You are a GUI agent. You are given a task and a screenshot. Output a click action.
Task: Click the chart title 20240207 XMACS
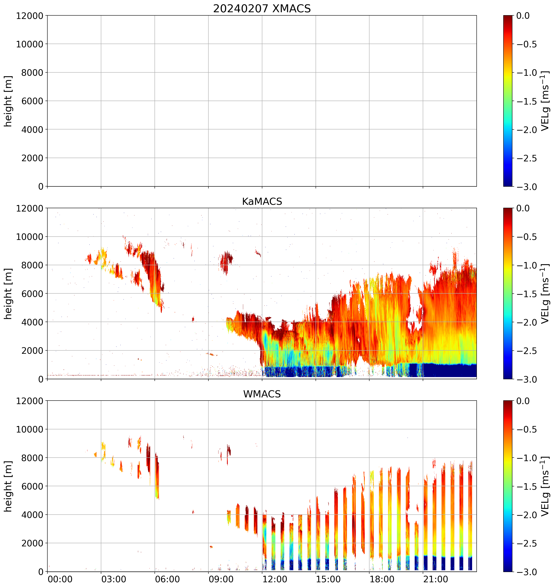pyautogui.click(x=262, y=8)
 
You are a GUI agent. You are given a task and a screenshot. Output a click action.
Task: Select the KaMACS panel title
pyautogui.click(x=262, y=201)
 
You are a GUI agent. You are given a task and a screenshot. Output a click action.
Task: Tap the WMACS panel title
pyautogui.click(x=262, y=394)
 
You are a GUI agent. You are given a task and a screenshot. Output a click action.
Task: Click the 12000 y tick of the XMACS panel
pyautogui.click(x=30, y=16)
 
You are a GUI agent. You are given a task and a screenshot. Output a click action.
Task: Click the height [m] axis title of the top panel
pyautogui.click(x=8, y=101)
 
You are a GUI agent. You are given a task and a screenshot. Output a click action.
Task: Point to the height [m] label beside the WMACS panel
pyautogui.click(x=8, y=486)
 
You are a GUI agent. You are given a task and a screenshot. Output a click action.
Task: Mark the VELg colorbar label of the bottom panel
pyautogui.click(x=545, y=486)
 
